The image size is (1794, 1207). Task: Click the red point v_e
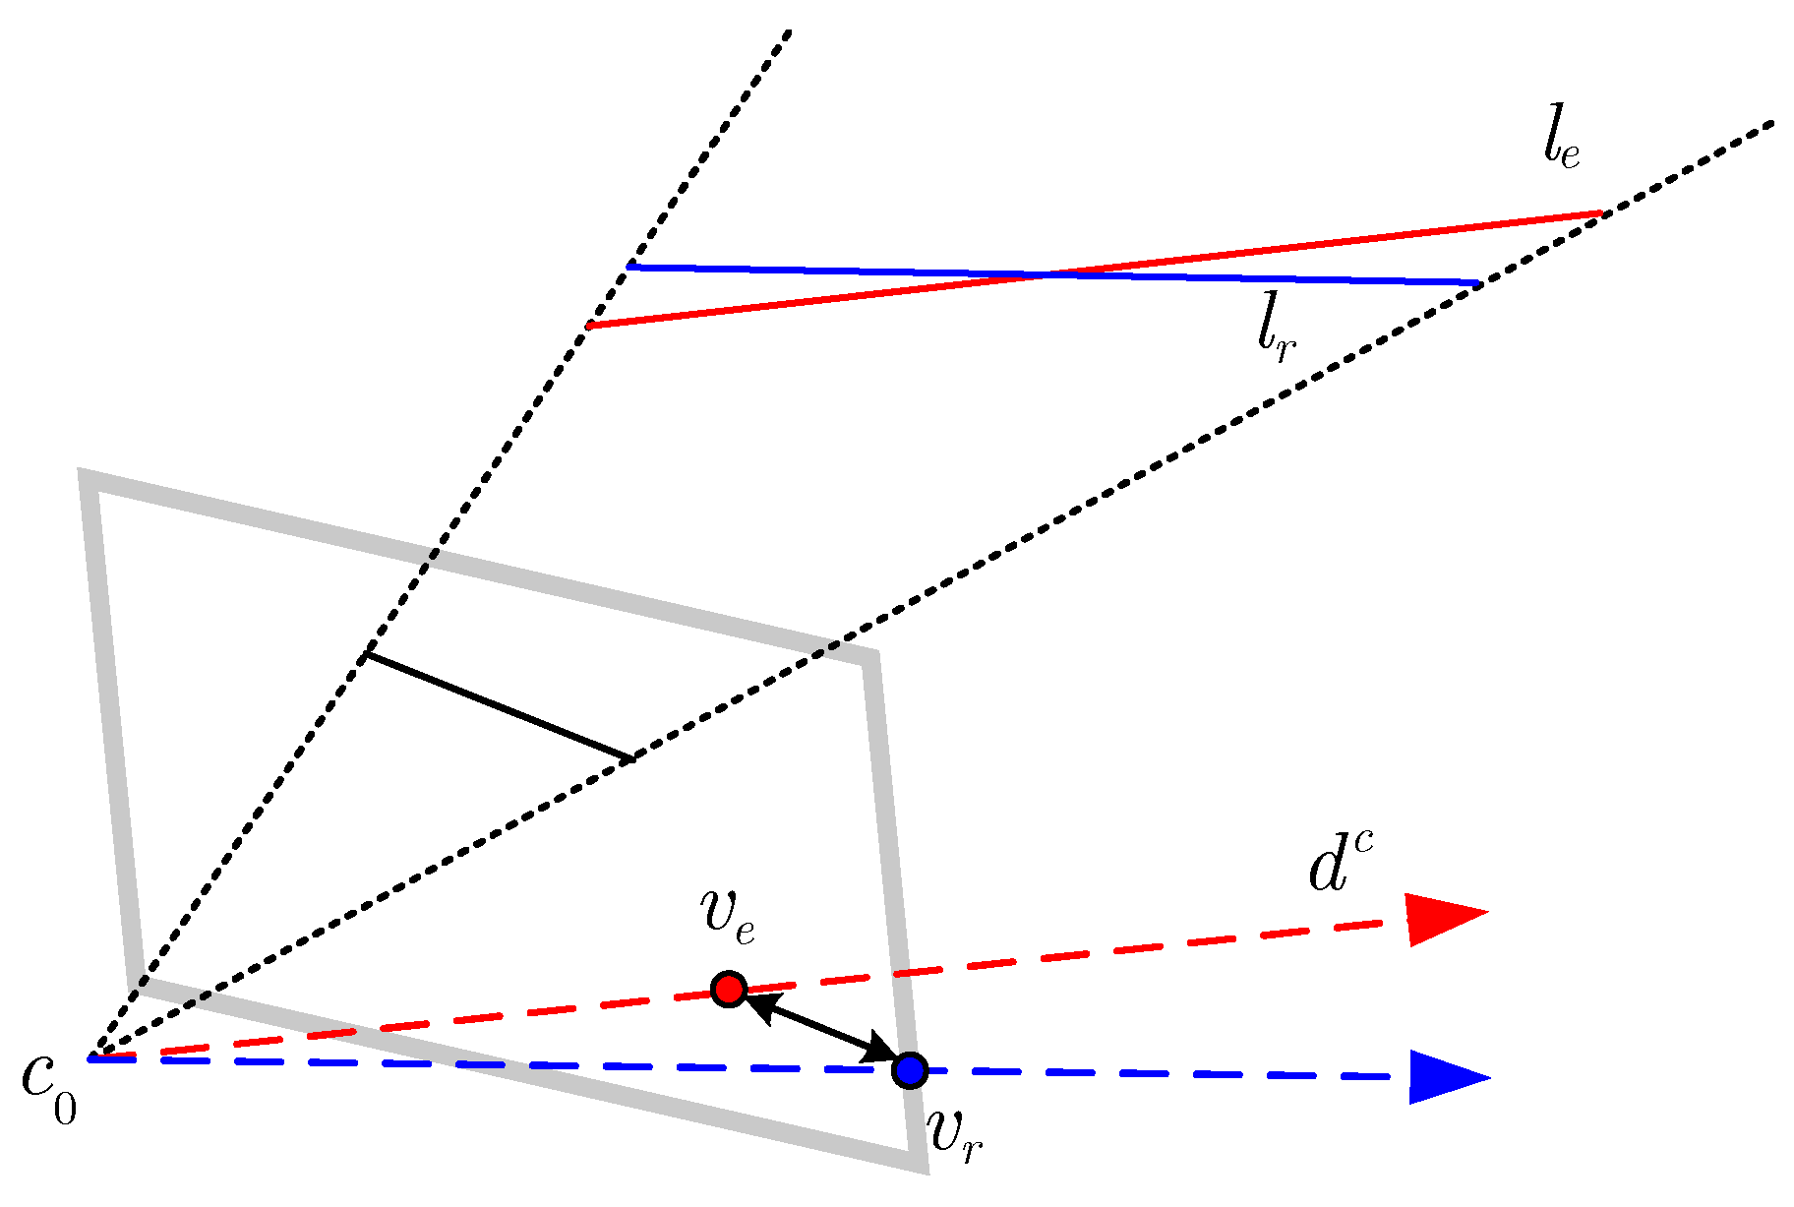[x=729, y=989]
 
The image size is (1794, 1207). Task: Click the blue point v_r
[x=910, y=1069]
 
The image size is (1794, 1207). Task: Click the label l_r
[x=1276, y=330]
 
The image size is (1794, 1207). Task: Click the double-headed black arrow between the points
[x=819, y=1029]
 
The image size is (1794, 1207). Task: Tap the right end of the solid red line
[x=1603, y=212]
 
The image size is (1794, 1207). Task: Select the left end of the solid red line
[x=589, y=326]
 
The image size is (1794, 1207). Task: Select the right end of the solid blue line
[x=1477, y=283]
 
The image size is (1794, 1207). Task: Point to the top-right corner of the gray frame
[x=869, y=657]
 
